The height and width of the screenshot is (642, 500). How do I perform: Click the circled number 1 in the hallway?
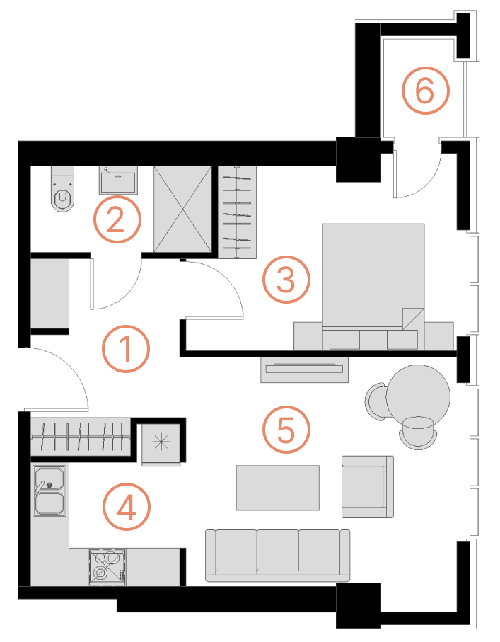[126, 349]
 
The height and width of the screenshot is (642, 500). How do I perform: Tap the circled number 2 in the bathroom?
[117, 219]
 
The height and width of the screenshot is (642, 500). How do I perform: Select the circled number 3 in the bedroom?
[286, 279]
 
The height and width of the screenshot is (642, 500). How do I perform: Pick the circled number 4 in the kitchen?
[127, 507]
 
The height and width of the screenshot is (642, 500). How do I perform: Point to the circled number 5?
[286, 429]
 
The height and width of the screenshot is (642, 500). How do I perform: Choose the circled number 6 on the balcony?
[425, 90]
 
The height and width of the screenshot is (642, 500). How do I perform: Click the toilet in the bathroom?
[63, 189]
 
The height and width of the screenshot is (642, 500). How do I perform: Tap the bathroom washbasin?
[118, 180]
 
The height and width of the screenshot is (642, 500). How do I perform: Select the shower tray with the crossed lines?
[182, 210]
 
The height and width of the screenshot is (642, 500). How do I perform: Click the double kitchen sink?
[50, 491]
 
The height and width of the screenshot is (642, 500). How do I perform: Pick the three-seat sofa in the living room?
[278, 555]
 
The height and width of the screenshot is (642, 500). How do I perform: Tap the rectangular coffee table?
[278, 488]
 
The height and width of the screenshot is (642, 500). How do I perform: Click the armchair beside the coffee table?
[368, 486]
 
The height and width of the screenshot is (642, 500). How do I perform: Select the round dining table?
[418, 396]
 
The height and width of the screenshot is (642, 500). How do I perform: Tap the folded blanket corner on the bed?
[413, 319]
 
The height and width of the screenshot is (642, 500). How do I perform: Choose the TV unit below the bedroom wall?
[304, 369]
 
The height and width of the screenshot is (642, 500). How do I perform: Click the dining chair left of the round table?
[376, 401]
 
